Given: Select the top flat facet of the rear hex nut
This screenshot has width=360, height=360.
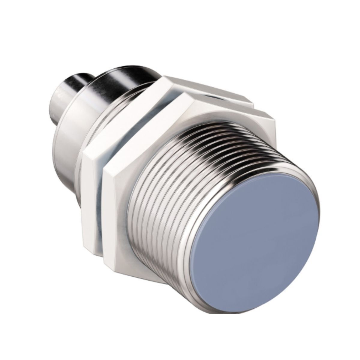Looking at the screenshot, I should tap(207, 87).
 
